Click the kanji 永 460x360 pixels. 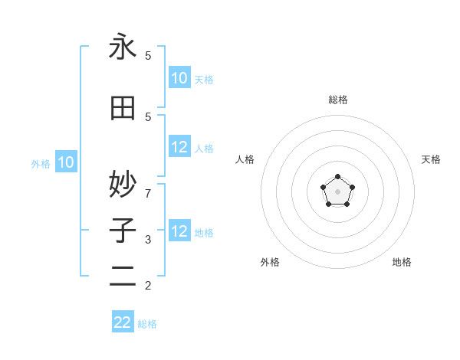(123, 47)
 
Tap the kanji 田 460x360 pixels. (123, 108)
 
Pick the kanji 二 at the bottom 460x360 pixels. (123, 277)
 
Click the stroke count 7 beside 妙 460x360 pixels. (148, 192)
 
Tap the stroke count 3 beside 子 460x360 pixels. (148, 240)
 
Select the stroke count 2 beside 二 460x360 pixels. (148, 286)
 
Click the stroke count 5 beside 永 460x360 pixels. (148, 56)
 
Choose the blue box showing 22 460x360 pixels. (123, 322)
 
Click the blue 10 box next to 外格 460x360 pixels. (66, 162)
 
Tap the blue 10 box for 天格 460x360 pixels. (179, 78)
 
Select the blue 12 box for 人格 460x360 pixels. (179, 147)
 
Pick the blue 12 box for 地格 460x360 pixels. (179, 231)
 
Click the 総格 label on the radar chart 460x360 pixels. (337, 100)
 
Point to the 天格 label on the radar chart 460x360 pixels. (431, 159)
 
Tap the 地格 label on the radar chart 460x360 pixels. (402, 262)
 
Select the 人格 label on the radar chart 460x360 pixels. (245, 159)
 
